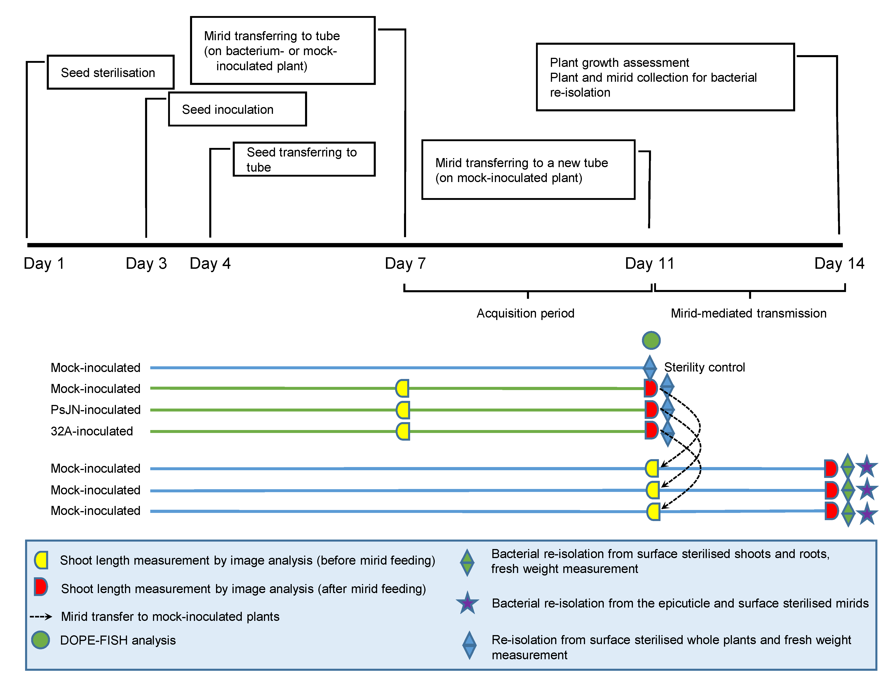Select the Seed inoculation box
click(237, 109)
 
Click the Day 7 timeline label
click(405, 264)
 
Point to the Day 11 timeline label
click(649, 264)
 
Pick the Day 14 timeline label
click(839, 264)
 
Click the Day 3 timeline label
click(146, 264)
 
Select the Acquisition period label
click(525, 313)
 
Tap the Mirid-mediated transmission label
click(748, 313)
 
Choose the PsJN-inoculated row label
click(96, 410)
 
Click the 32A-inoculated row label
click(92, 431)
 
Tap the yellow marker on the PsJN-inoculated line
click(403, 410)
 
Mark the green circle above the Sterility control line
click(651, 340)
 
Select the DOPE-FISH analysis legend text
click(118, 641)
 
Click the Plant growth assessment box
click(665, 77)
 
